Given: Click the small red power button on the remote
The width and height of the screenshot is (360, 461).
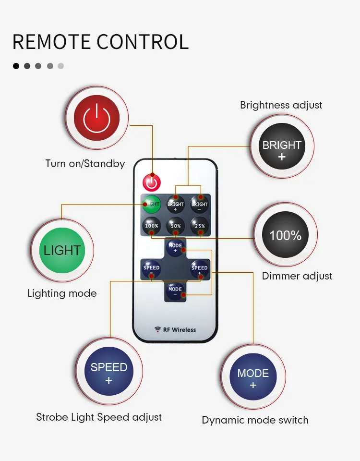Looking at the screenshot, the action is (152, 182).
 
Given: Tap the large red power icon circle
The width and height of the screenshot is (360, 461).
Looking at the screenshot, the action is (96, 118).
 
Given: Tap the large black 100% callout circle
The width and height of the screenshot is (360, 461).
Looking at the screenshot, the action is (285, 235).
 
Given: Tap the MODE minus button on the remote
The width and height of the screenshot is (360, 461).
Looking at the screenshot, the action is (175, 291).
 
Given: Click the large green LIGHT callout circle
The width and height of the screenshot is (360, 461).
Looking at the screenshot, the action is (62, 250).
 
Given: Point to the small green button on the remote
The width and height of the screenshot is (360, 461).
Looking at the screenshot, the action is (151, 204).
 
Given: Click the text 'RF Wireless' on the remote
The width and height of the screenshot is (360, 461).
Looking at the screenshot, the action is (180, 330).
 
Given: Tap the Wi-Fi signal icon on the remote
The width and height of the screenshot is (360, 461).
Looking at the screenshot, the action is (157, 329).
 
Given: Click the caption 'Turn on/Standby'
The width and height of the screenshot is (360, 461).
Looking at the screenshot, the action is (85, 164).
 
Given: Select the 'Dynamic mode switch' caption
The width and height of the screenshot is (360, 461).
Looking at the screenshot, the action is (255, 420).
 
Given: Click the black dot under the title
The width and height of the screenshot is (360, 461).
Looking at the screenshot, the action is (16, 66).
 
